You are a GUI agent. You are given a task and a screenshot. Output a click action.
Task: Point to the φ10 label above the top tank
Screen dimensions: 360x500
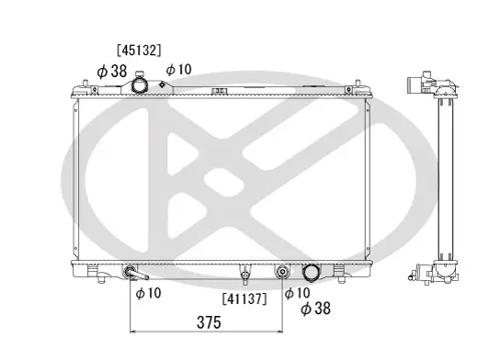(178, 70)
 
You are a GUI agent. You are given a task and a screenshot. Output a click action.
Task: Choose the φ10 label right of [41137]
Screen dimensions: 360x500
(296, 293)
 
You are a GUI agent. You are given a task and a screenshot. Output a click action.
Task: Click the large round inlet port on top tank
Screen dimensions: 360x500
(141, 85)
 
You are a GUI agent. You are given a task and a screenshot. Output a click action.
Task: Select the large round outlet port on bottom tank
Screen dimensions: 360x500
(311, 273)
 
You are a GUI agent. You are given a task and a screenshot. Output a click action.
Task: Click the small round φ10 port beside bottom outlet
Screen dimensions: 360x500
(283, 273)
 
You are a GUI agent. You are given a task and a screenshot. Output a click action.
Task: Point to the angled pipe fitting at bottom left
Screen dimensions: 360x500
(133, 275)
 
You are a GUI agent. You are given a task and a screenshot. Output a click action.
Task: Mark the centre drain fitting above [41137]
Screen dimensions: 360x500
(245, 274)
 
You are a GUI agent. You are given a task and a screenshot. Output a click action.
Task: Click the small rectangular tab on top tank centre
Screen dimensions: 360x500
(221, 90)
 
